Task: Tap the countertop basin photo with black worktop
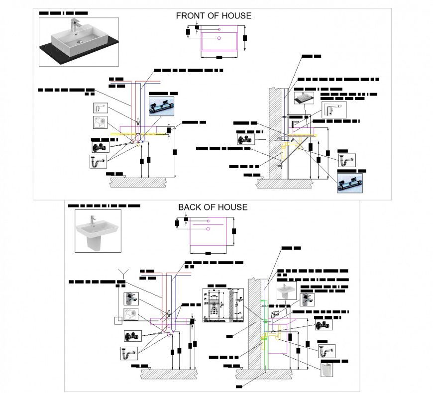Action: click(x=79, y=42)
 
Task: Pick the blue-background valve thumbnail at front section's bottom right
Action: click(x=349, y=183)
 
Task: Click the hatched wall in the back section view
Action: click(x=255, y=328)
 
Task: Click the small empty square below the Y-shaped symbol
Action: click(x=117, y=321)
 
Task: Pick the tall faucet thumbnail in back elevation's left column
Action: click(x=130, y=298)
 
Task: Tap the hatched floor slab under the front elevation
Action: click(x=137, y=184)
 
